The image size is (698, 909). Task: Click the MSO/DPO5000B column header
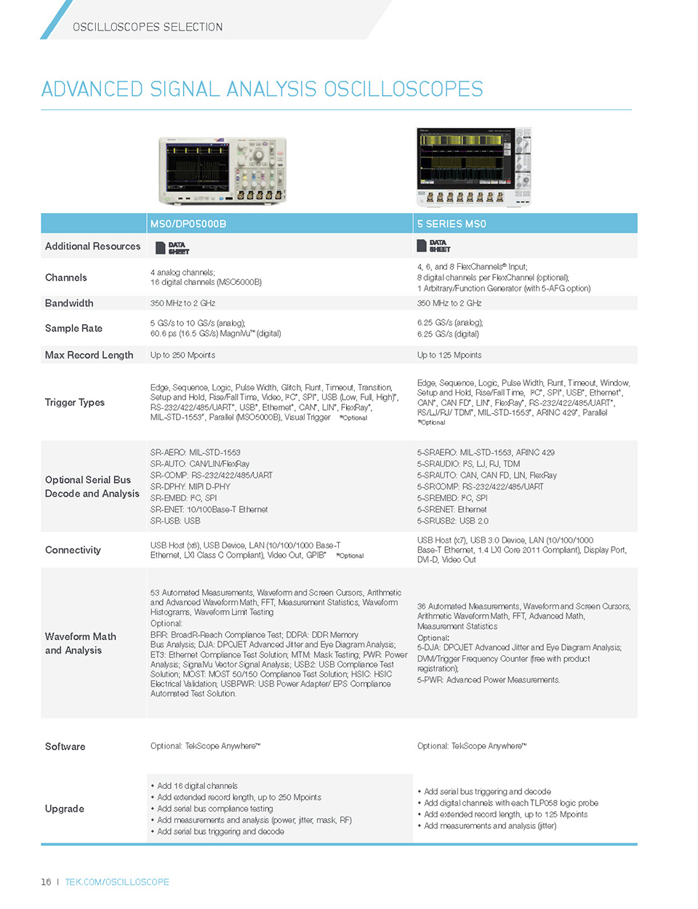(x=188, y=224)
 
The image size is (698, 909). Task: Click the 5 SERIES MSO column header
(x=452, y=224)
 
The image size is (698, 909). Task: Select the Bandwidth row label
(x=69, y=303)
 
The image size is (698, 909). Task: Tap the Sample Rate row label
(x=73, y=329)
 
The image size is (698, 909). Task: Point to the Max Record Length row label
(x=89, y=356)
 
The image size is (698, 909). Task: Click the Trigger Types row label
(x=75, y=403)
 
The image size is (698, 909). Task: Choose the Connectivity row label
(x=73, y=550)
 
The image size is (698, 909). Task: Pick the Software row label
(x=65, y=747)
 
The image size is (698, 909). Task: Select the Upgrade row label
(x=65, y=809)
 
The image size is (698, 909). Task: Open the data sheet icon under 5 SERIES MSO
(x=433, y=246)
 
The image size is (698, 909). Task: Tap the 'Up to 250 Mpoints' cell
(x=182, y=356)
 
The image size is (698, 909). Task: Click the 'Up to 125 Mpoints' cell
(x=449, y=356)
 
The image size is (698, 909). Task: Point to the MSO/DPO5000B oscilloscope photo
(x=222, y=170)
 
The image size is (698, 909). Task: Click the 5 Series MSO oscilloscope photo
(x=474, y=167)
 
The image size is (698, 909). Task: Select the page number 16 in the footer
(x=46, y=882)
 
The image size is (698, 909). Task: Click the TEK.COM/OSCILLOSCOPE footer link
(x=117, y=882)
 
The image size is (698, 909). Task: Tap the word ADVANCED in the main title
(x=92, y=89)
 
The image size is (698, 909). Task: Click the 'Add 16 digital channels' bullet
(x=197, y=786)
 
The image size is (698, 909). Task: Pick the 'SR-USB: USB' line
(x=175, y=521)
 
